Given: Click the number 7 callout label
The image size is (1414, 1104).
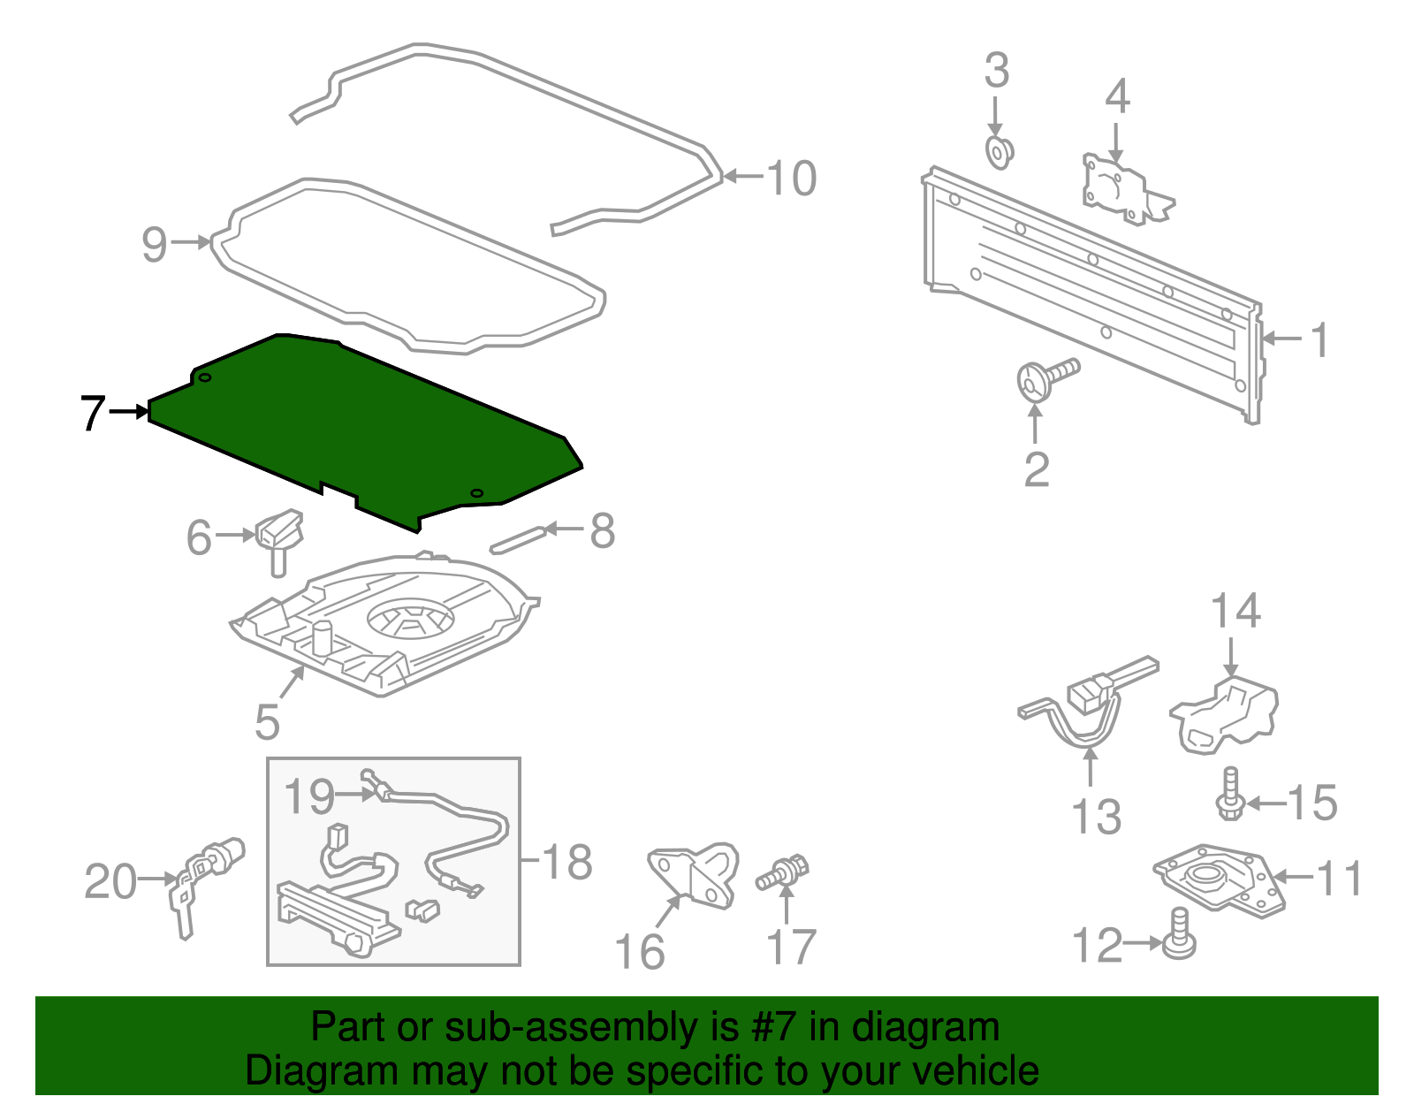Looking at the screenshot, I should coord(92,413).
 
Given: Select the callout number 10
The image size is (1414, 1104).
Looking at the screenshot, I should coord(791,178).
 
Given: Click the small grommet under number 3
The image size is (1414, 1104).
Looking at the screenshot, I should coord(999,152).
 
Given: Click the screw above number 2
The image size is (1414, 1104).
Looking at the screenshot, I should coord(1047,376).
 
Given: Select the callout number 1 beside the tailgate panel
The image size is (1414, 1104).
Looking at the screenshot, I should coord(1319,339).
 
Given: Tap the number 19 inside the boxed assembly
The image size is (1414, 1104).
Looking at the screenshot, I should coord(308,796).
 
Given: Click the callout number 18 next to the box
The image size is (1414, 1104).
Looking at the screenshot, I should coord(566,861).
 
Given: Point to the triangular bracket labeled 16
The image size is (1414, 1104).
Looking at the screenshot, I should coord(694,875).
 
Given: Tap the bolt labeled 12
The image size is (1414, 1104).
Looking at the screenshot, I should coord(1179,935).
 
